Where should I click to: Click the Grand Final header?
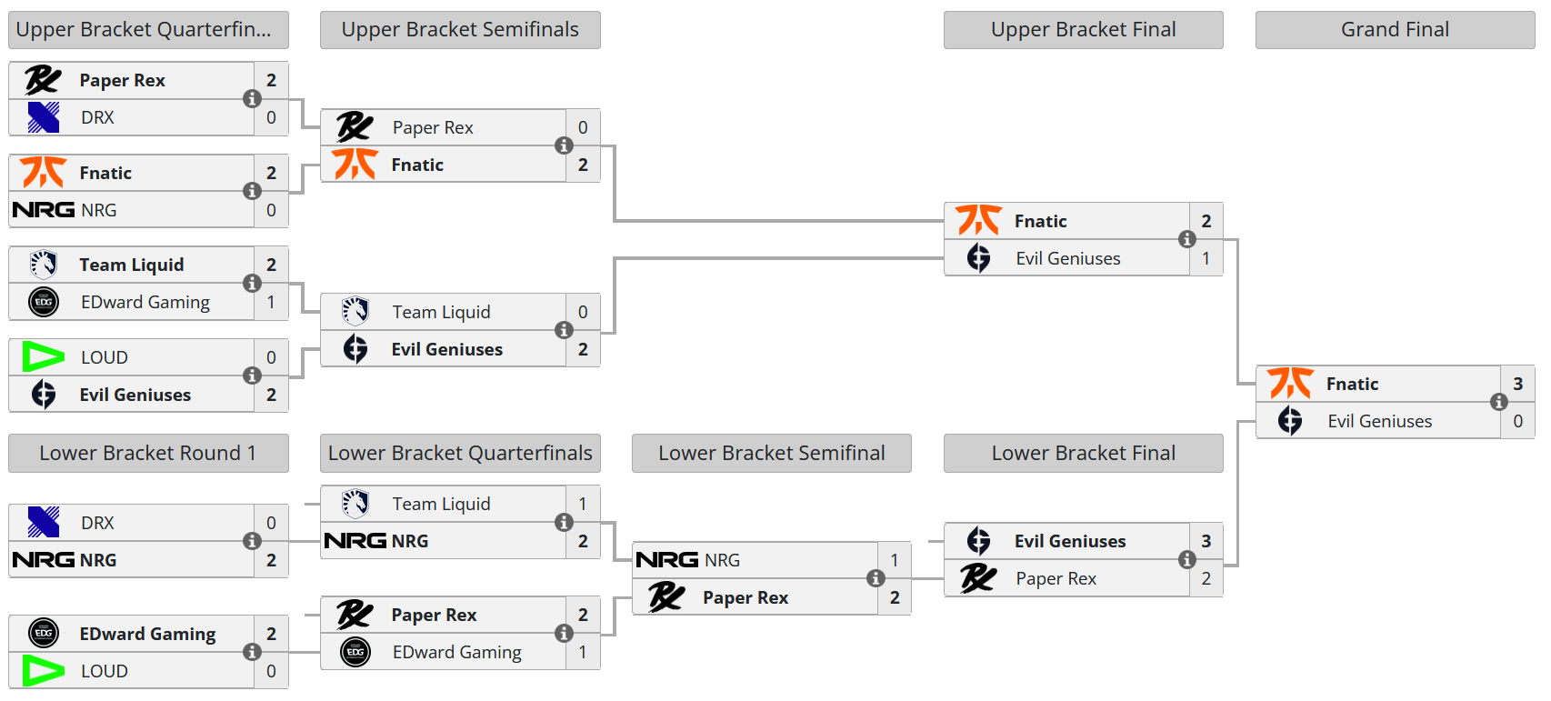(x=1395, y=30)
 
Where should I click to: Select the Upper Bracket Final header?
(x=1083, y=30)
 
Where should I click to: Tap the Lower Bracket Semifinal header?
(x=771, y=453)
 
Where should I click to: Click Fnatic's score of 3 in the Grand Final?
(x=1517, y=384)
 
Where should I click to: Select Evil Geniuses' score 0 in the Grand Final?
(x=1517, y=421)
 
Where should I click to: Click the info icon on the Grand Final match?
(x=1498, y=402)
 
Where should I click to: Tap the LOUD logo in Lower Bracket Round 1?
(x=43, y=671)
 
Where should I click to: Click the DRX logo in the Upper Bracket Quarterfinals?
(x=43, y=117)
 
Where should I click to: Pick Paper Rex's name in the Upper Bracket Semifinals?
(x=433, y=127)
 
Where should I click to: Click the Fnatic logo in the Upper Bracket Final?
(x=978, y=221)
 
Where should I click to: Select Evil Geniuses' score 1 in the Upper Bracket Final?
(x=1206, y=258)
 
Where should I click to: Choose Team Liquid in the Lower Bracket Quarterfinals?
(x=441, y=504)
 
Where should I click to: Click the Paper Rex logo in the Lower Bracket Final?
(x=978, y=578)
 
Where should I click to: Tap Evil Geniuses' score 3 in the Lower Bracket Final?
(x=1206, y=541)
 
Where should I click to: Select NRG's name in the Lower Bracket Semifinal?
(x=722, y=560)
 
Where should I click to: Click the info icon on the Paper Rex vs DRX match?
(x=252, y=98)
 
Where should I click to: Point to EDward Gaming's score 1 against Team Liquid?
(x=271, y=302)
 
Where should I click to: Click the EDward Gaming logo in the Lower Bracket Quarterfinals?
(x=355, y=652)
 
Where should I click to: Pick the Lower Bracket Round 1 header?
(x=147, y=453)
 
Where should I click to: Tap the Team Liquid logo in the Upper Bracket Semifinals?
(x=355, y=312)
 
